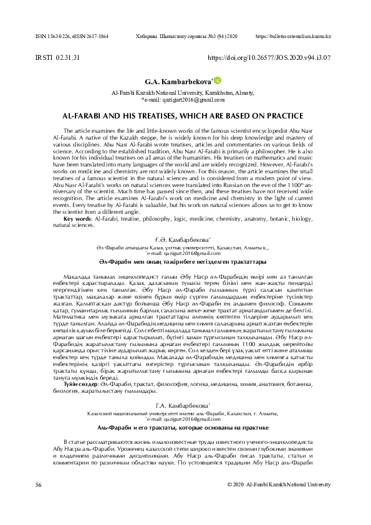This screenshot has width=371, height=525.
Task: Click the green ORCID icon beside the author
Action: click(218, 80)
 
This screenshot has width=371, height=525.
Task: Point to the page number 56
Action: click(39, 484)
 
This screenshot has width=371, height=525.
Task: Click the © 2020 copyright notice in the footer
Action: click(279, 484)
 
